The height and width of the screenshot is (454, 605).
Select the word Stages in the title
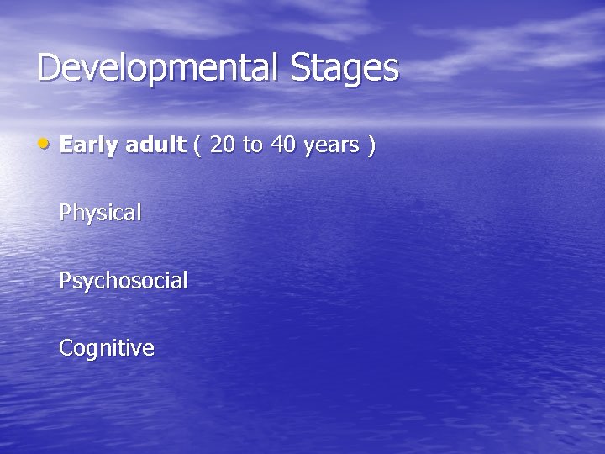click(345, 68)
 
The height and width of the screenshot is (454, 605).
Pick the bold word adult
click(155, 145)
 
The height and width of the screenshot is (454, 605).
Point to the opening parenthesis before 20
click(197, 145)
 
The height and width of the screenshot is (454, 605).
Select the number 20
click(223, 145)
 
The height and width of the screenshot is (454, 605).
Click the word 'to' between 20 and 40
click(252, 145)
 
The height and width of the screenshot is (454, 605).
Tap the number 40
click(282, 145)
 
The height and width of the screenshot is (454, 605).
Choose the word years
click(331, 146)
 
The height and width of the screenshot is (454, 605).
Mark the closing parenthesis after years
click(371, 145)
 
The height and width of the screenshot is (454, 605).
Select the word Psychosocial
click(123, 281)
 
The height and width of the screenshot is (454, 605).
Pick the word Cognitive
click(106, 348)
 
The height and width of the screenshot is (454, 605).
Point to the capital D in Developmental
click(49, 67)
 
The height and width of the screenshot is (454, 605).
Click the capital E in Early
click(66, 145)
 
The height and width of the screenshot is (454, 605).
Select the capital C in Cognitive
click(66, 347)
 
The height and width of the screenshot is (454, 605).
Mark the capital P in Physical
click(65, 212)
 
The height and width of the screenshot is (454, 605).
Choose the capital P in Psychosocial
click(65, 279)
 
